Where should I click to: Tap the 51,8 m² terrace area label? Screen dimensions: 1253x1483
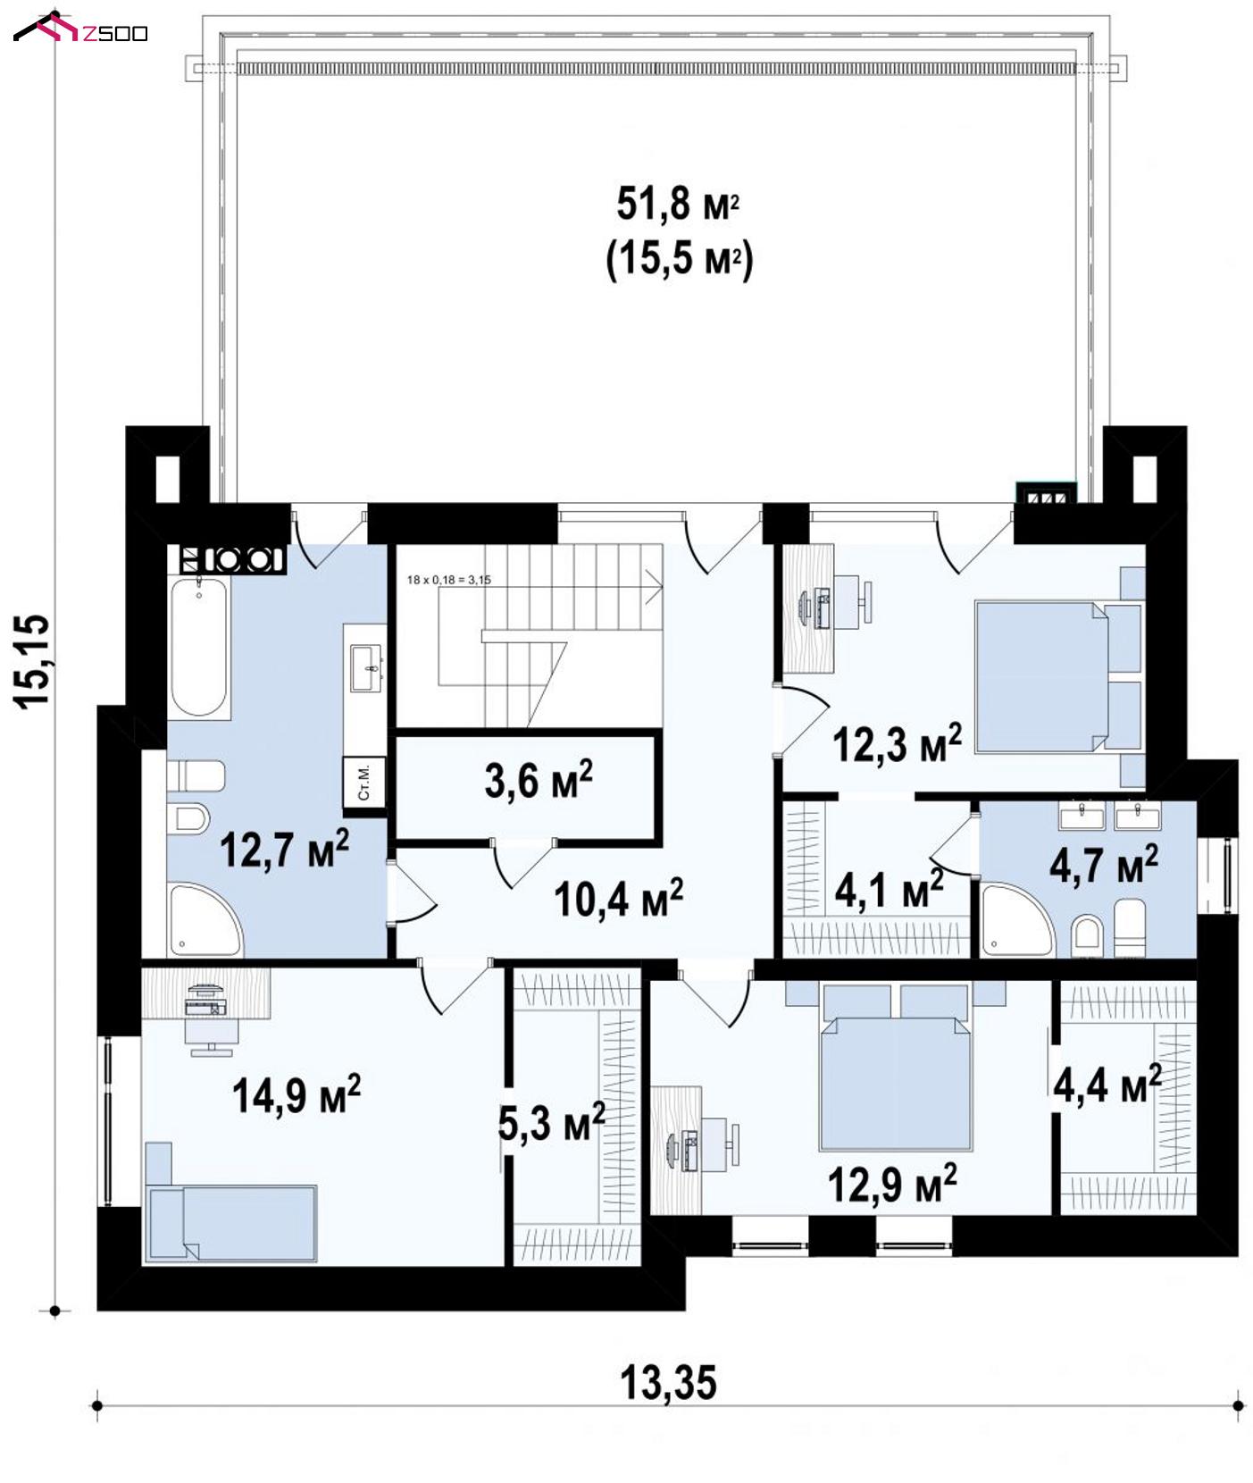click(678, 205)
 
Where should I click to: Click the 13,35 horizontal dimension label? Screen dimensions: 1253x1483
click(668, 1382)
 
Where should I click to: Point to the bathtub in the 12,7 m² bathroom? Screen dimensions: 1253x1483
click(199, 647)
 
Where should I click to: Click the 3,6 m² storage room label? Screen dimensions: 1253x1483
click(539, 780)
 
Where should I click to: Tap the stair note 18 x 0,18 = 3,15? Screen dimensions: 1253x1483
click(449, 580)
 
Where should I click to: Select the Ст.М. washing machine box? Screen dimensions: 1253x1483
click(363, 783)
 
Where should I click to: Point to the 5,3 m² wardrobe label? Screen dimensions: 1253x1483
click(551, 1122)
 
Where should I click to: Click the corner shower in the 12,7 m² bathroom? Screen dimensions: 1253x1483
click(205, 921)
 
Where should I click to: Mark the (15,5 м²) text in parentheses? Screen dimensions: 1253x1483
click(680, 261)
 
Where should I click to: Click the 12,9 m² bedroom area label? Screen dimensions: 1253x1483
click(892, 1184)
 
